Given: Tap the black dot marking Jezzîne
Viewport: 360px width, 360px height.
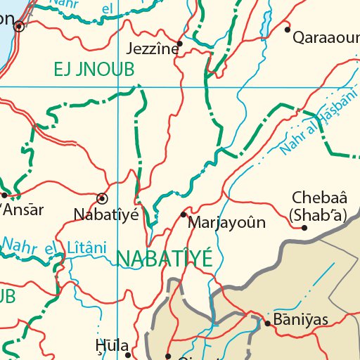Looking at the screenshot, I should pyautogui.click(x=180, y=44).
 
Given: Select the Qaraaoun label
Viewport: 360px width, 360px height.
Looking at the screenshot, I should pyautogui.click(x=326, y=36).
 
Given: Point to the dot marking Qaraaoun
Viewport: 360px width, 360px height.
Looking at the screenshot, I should pyautogui.click(x=287, y=30).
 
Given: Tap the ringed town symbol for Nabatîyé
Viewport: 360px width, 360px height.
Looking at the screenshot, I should pyautogui.click(x=103, y=198).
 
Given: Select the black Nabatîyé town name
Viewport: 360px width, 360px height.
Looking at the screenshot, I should pyautogui.click(x=107, y=214).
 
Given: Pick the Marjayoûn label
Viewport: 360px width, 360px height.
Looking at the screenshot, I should pyautogui.click(x=227, y=224).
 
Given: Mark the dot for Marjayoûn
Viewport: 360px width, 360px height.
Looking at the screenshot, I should pyautogui.click(x=184, y=214).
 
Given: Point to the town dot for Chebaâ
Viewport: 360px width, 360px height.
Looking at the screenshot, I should pyautogui.click(x=304, y=228).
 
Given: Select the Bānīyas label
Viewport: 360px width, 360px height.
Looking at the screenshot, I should pyautogui.click(x=300, y=321).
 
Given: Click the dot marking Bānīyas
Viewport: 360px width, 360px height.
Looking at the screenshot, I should pyautogui.click(x=267, y=324).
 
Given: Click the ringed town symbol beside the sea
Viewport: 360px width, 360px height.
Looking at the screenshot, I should pyautogui.click(x=19, y=27).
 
